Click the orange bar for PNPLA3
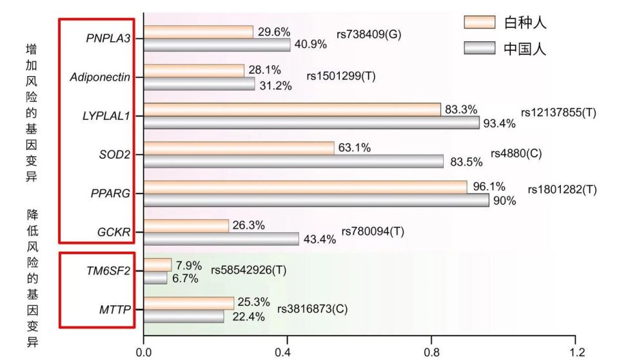pyautogui.click(x=198, y=32)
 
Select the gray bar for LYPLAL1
pyautogui.click(x=311, y=123)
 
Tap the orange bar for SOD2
pyautogui.click(x=239, y=148)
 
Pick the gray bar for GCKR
pyautogui.click(x=221, y=239)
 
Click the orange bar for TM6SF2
pyautogui.click(x=157, y=265)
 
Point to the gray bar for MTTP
pyautogui.click(x=184, y=316)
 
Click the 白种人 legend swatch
pyautogui.click(x=479, y=23)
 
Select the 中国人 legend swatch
pyautogui.click(x=479, y=48)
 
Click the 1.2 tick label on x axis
pyautogui.click(x=578, y=352)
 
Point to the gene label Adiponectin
pyautogui.click(x=101, y=77)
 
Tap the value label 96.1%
pyautogui.click(x=488, y=186)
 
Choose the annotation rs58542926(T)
pyautogui.click(x=249, y=270)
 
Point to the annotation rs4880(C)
pyautogui.click(x=516, y=153)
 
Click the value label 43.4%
pyautogui.click(x=320, y=239)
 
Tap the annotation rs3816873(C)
pyautogui.click(x=312, y=308)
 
